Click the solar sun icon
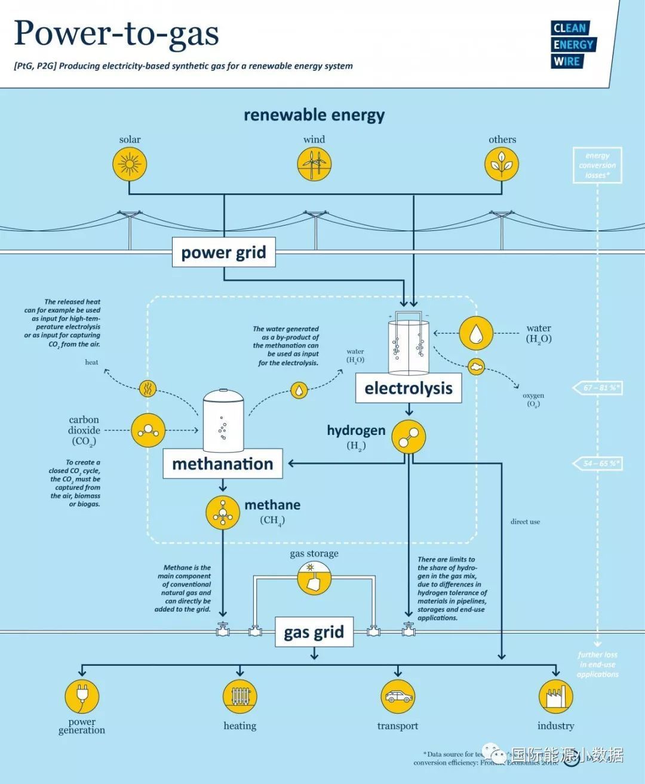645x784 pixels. (x=130, y=164)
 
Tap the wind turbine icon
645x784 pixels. (x=314, y=164)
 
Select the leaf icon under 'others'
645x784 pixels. (x=502, y=164)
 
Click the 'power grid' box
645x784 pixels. (x=223, y=252)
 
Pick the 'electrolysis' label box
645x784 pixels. (x=408, y=388)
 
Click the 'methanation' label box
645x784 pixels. (x=222, y=464)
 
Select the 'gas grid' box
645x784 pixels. (x=314, y=632)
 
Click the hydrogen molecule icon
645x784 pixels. (x=408, y=437)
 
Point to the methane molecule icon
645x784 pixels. (x=223, y=513)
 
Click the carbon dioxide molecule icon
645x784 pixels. (x=148, y=430)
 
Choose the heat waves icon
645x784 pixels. (x=147, y=389)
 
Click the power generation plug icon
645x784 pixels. (x=82, y=696)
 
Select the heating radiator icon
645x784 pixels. (x=240, y=696)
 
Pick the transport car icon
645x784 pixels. (x=398, y=696)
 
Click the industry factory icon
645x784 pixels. (x=555, y=696)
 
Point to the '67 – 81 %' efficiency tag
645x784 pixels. (x=598, y=388)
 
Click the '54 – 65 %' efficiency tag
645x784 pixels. (x=598, y=464)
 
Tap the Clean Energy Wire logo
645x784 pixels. (x=572, y=45)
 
